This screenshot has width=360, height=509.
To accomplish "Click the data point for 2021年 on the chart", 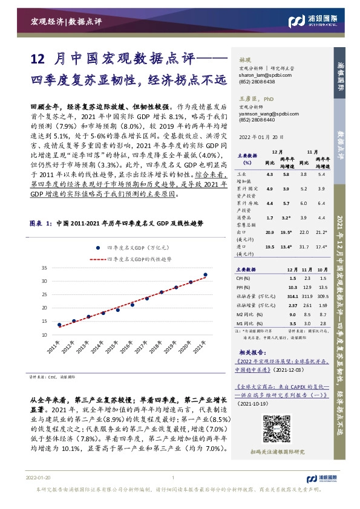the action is click(205, 274).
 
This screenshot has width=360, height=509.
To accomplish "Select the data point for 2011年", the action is click(59, 325).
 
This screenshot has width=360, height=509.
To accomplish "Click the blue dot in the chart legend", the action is click(96, 247).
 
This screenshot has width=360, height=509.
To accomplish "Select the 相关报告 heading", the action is click(248, 352).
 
